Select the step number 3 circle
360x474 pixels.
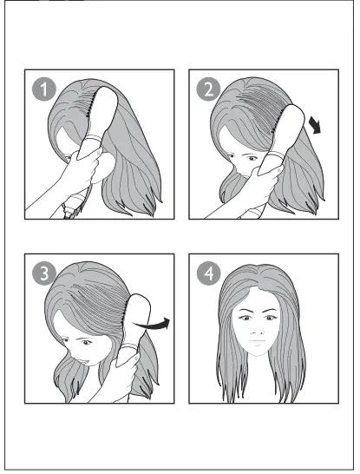click(39, 272)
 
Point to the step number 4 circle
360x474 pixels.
click(206, 272)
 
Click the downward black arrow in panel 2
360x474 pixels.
click(317, 128)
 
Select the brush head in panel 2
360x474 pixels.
click(291, 130)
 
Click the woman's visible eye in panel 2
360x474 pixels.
click(247, 159)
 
